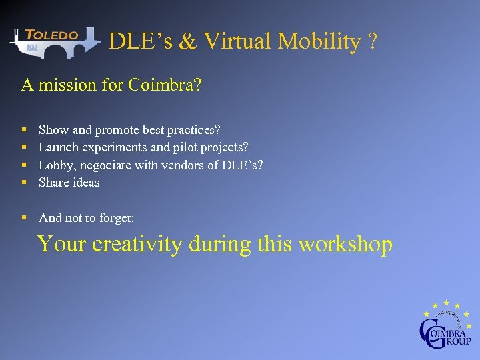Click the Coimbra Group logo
445,325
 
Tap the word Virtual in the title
238,41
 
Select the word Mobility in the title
319,41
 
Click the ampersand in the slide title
188,42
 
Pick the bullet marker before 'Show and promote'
24,129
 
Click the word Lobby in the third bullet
56,165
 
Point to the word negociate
106,165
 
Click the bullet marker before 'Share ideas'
24,183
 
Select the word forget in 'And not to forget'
117,218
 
